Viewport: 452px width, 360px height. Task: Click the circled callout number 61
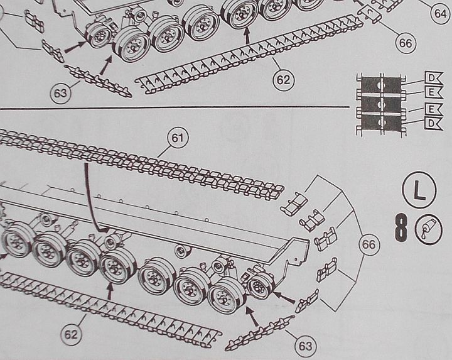[x=177, y=138]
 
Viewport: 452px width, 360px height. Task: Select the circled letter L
[x=419, y=190]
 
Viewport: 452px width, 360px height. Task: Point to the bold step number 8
[x=401, y=227]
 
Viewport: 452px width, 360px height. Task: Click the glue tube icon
[x=428, y=229]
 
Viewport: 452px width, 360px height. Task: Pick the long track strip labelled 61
[x=141, y=165]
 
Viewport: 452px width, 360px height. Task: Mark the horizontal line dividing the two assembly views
[x=175, y=108]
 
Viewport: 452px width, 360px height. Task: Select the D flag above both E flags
[x=433, y=78]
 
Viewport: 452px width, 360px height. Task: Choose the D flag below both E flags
[x=433, y=124]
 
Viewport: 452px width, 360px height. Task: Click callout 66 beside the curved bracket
[x=369, y=244]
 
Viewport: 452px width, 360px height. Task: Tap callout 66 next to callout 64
[x=406, y=43]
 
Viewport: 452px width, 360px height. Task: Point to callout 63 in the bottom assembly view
[x=305, y=346]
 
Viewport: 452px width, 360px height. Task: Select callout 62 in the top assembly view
[x=283, y=80]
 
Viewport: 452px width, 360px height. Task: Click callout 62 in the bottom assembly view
[x=71, y=335]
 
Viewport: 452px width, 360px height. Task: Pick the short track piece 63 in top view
[x=98, y=81]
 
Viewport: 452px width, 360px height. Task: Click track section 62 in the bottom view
[x=109, y=309]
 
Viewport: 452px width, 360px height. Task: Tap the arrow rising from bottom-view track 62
[x=109, y=292]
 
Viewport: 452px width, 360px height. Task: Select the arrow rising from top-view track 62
[x=247, y=35]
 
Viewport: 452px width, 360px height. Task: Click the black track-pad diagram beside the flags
[x=381, y=104]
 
